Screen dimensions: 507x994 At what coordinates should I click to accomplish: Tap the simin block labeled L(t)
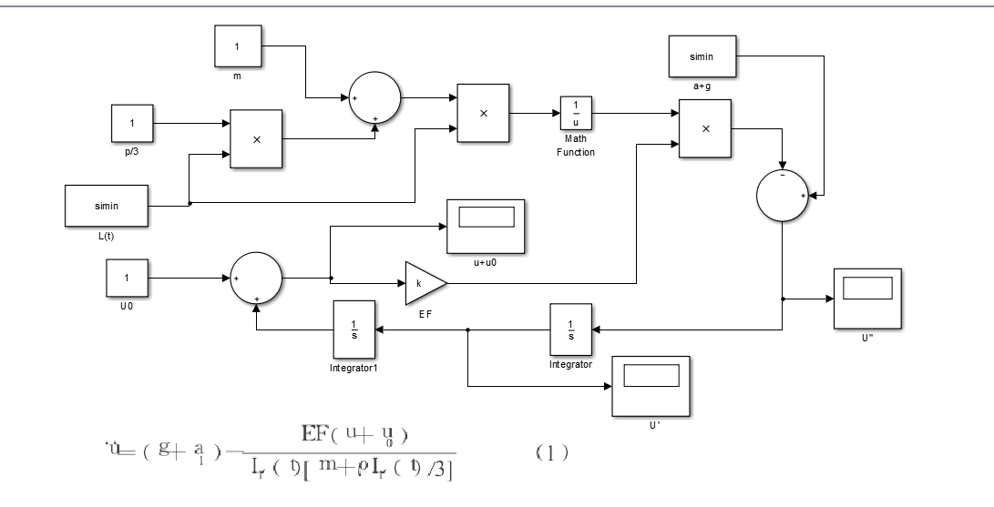click(107, 206)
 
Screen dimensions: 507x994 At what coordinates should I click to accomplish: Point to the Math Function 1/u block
click(576, 115)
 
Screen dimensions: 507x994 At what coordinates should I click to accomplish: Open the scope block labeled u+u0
click(487, 225)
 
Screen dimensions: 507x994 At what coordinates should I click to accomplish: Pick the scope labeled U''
click(867, 299)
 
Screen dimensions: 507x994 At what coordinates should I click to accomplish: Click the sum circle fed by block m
click(374, 96)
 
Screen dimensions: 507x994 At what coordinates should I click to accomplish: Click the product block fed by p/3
click(256, 139)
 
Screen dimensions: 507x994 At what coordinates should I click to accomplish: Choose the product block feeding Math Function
click(483, 113)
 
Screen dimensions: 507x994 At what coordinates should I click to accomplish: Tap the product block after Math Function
click(706, 128)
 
